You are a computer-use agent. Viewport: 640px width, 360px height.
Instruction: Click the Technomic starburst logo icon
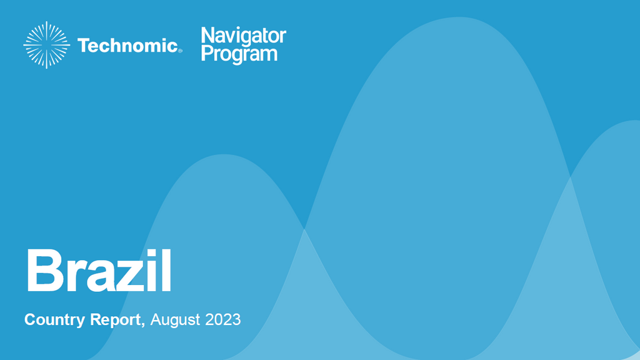46,45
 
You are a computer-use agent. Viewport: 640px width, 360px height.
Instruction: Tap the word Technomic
127,45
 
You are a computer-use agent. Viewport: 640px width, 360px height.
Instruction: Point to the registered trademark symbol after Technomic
180,51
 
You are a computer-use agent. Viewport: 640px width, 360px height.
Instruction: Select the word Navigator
243,36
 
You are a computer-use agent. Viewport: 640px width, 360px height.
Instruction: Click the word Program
239,54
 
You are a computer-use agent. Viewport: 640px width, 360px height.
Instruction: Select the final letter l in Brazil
166,270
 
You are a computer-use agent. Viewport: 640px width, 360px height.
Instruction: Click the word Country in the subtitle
55,319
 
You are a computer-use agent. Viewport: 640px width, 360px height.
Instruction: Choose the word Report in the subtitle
115,319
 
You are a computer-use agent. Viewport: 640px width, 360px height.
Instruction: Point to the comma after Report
143,324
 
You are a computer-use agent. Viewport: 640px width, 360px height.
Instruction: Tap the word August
175,319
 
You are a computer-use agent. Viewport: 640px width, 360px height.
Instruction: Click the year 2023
223,319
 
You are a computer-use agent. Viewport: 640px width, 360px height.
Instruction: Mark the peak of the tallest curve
459,17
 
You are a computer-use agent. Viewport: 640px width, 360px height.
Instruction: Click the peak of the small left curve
224,154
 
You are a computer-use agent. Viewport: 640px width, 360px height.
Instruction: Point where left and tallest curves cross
304,229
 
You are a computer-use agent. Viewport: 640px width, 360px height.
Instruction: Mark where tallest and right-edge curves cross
570,177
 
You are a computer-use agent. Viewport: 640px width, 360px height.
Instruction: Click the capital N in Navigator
207,35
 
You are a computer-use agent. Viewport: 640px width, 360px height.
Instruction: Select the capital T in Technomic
84,45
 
